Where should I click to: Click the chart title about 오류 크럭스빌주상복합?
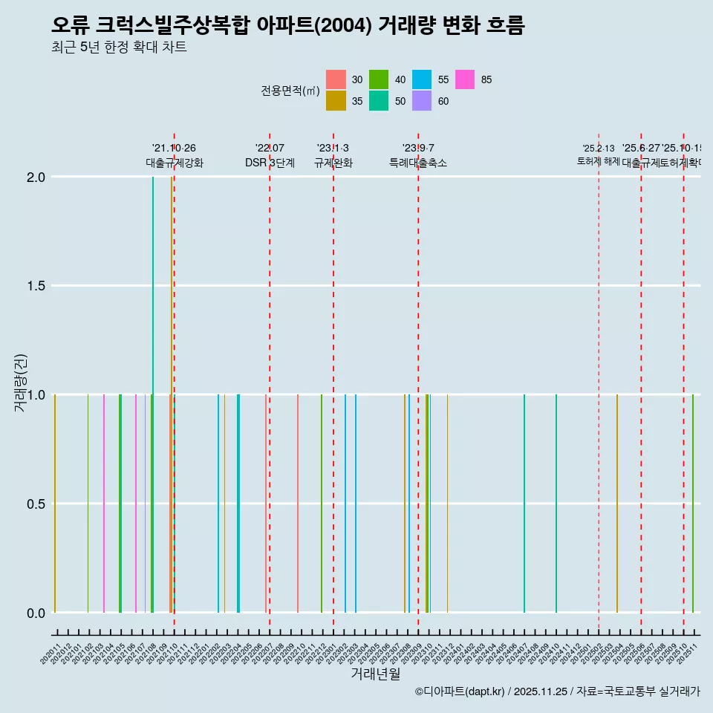click(x=288, y=26)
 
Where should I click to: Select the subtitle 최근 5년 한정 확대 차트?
click(x=119, y=48)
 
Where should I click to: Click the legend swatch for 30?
click(x=336, y=79)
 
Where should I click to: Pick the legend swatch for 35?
click(x=336, y=101)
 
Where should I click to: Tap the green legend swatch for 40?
click(x=379, y=79)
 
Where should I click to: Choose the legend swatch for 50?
click(x=379, y=101)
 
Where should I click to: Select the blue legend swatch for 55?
click(x=422, y=79)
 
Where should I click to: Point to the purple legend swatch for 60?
click(x=422, y=101)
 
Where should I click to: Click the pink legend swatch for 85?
click(x=465, y=79)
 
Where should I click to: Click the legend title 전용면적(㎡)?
click(x=290, y=91)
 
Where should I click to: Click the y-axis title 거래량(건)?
click(x=21, y=383)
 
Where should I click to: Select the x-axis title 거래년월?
click(x=375, y=674)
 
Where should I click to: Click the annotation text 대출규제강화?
click(x=174, y=163)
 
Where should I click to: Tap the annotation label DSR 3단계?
click(x=270, y=163)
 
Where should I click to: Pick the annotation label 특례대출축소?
click(x=418, y=163)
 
